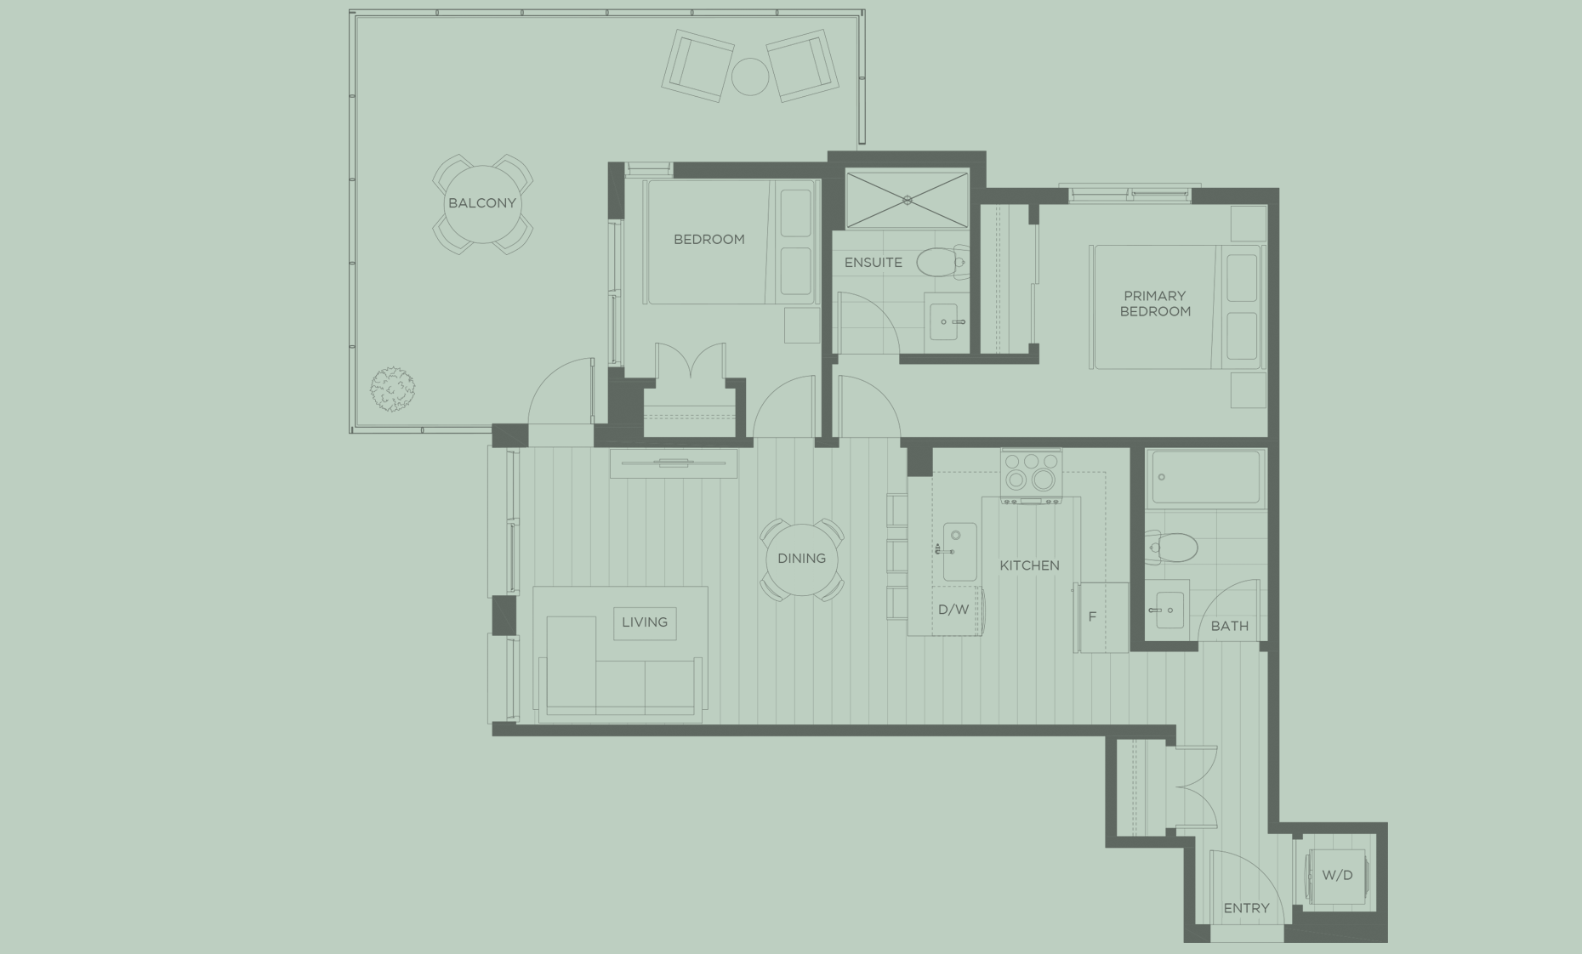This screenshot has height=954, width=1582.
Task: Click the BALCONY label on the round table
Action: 481,203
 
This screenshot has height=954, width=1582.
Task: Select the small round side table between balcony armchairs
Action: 749,77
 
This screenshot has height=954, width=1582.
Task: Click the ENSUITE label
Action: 873,263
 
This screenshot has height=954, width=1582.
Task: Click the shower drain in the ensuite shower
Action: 908,201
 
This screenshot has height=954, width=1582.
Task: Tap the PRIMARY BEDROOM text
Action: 1154,304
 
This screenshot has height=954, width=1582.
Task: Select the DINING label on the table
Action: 801,559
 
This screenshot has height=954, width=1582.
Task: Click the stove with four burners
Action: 1031,473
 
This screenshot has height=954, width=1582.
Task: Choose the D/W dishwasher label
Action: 953,610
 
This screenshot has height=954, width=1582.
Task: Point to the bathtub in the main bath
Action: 1204,480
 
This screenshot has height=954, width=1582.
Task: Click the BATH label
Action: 1229,626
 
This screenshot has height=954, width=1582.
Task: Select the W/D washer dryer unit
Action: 1336,876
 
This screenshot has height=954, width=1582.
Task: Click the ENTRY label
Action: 1246,908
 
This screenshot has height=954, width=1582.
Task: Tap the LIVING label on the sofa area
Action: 644,622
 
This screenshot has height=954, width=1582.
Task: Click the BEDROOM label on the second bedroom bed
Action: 708,240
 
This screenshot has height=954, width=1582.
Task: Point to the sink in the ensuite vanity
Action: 944,322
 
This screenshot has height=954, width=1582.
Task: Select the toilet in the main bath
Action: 1174,547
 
